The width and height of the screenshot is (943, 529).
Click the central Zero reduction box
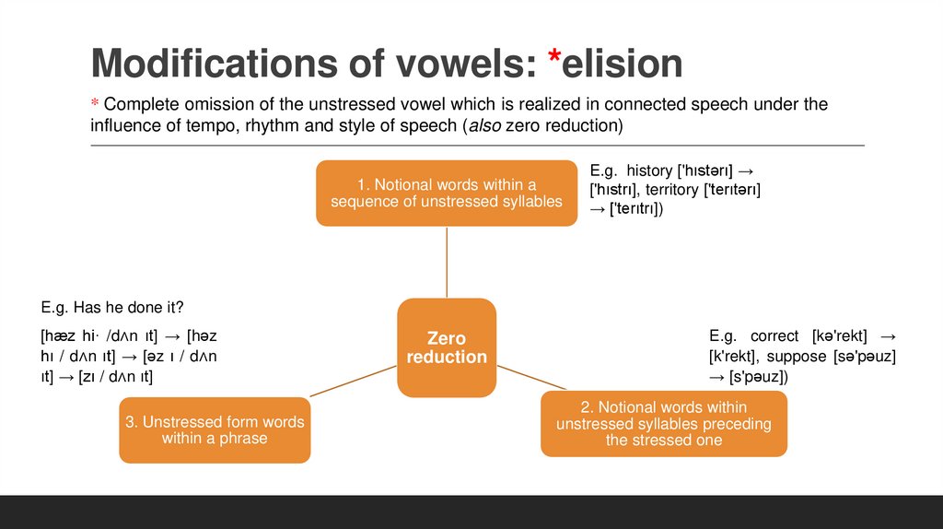tap(447, 347)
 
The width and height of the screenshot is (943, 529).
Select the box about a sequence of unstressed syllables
tap(447, 193)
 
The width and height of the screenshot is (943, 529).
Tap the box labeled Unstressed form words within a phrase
tap(215, 429)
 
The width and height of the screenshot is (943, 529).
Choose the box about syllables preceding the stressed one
tap(663, 423)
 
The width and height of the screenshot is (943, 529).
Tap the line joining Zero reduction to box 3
tap(355, 381)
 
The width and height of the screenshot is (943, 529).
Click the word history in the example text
tap(650, 170)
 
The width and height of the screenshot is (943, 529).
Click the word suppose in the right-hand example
tap(797, 356)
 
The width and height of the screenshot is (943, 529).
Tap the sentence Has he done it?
tap(119, 307)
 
